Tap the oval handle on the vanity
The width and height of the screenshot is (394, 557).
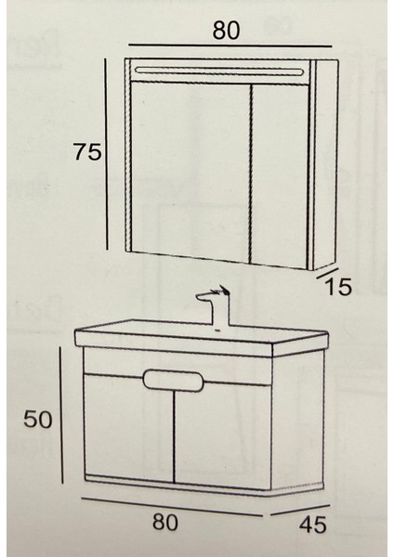pyautogui.click(x=175, y=382)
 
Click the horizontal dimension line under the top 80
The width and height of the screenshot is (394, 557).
pyautogui.click(x=229, y=45)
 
